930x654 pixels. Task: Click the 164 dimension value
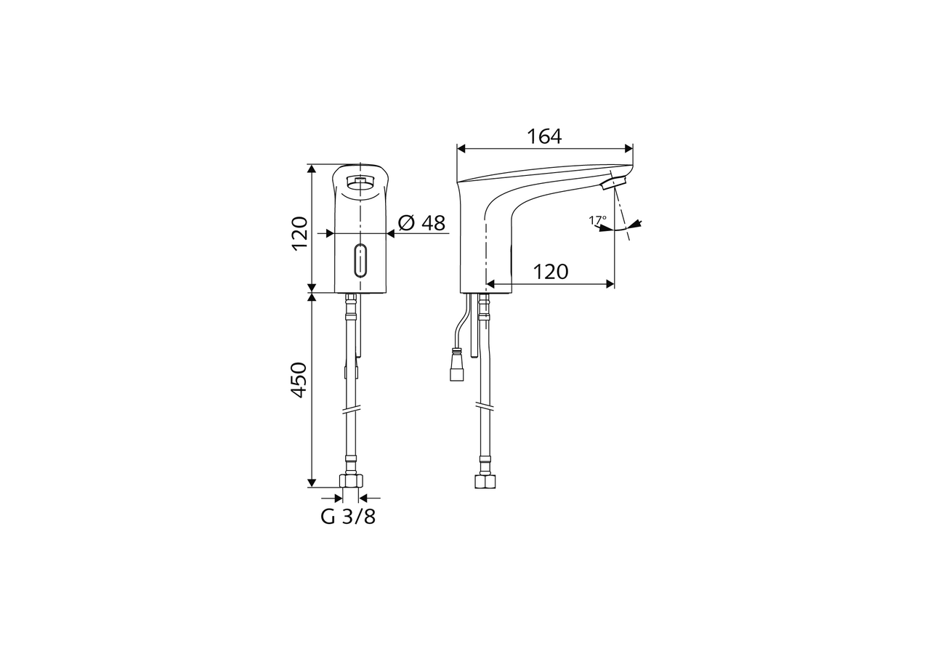544,136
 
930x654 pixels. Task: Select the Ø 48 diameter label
422,223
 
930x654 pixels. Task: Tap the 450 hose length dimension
299,379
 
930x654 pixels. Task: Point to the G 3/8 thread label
349,517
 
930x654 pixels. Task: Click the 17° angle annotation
597,219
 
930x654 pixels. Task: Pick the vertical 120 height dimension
299,233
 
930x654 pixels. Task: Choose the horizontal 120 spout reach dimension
550,272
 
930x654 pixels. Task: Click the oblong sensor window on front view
360,261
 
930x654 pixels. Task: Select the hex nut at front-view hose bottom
351,480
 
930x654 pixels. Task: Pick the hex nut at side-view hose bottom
485,481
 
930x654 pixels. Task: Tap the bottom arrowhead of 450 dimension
312,482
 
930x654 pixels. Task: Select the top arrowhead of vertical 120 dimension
312,169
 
